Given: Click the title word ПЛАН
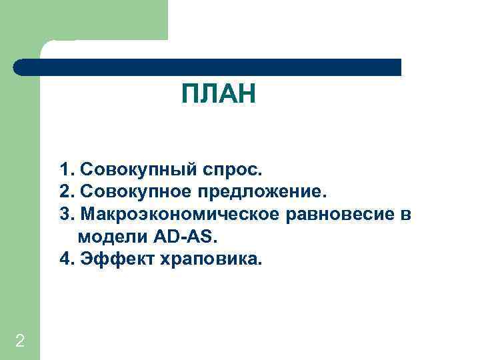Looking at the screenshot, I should (x=219, y=95).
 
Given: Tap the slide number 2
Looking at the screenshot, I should (x=20, y=341).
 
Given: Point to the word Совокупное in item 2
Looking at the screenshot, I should (x=135, y=193).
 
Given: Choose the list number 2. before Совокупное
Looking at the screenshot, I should (x=65, y=193).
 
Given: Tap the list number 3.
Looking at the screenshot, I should (x=65, y=215).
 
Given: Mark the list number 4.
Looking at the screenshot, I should (x=65, y=259).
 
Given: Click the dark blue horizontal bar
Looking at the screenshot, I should (x=207, y=67).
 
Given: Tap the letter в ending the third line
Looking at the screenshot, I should (x=406, y=215).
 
